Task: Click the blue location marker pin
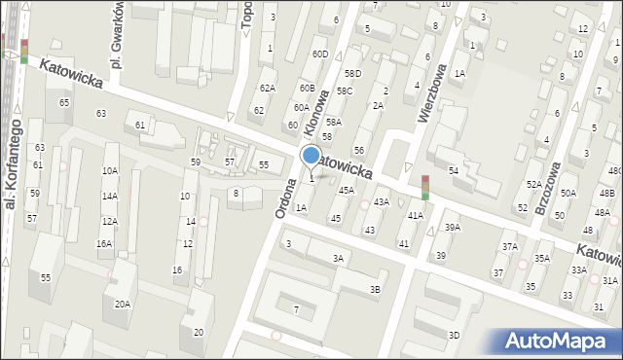pos(311,156)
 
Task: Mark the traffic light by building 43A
pos(424,187)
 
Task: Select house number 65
pos(64,102)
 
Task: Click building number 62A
pos(267,88)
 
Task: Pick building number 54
pos(454,170)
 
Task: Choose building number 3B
pos(375,289)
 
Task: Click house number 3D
pos(454,335)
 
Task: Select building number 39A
pos(452,227)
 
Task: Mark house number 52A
pos(533,184)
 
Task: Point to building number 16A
pos(103,243)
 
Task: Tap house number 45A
pos(346,190)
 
